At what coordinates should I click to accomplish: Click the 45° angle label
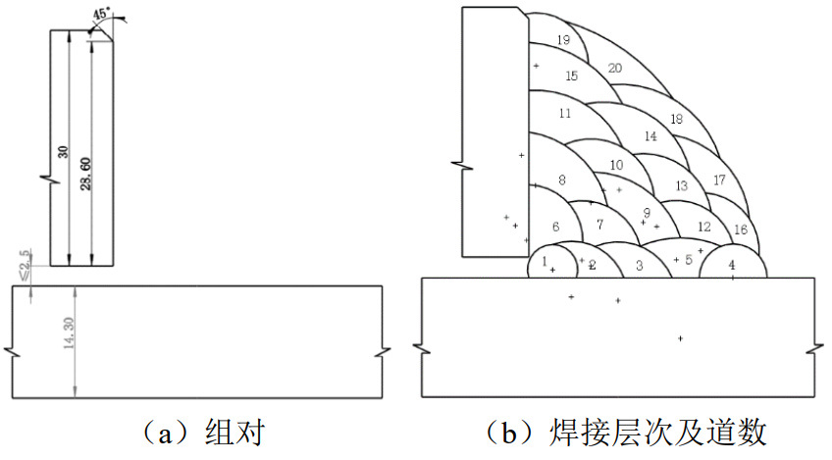point(102,14)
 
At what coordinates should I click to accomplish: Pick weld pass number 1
point(545,262)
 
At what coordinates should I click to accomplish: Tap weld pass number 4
point(731,265)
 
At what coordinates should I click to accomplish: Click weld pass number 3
point(639,266)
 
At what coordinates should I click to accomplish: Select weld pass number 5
point(689,259)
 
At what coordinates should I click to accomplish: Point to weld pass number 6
point(555,227)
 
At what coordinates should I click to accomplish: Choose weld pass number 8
point(561,180)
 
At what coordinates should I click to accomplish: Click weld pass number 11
point(564,114)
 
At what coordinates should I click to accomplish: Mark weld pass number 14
point(650,136)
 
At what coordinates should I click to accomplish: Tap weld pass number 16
point(740,230)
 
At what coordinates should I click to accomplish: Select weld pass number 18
point(676,119)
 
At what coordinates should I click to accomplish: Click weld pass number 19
point(562,40)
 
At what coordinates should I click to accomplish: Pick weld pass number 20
point(615,68)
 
